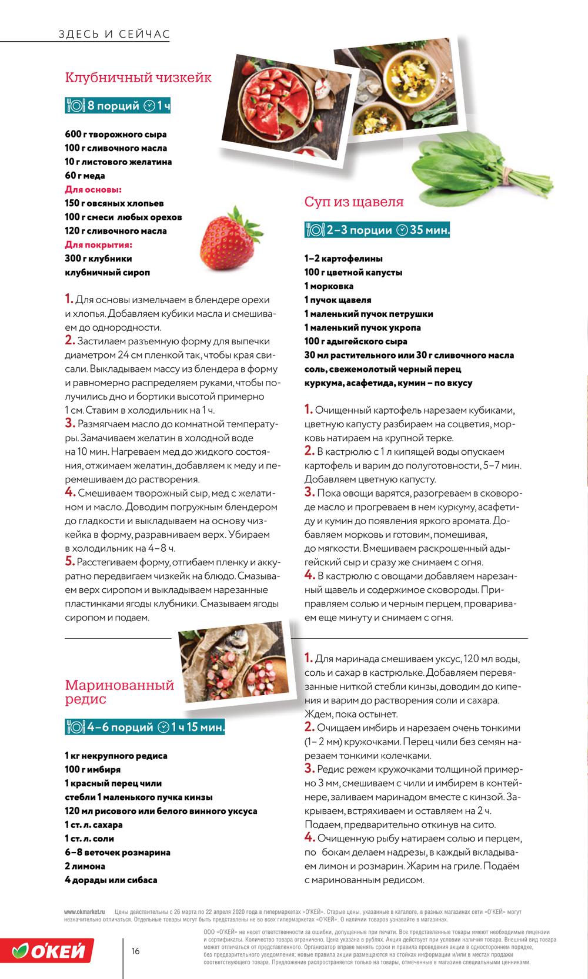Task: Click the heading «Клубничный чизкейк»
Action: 138,78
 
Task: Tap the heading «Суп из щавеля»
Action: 354,202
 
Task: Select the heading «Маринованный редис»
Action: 119,692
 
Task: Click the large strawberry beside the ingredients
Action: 224,240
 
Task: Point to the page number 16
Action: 136,951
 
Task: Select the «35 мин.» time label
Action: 429,230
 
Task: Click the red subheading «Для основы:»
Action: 93,189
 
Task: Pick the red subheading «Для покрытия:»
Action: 98,244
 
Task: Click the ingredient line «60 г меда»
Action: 85,176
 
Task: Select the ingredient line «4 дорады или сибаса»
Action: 111,880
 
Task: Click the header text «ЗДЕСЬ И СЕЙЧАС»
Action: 114,34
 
